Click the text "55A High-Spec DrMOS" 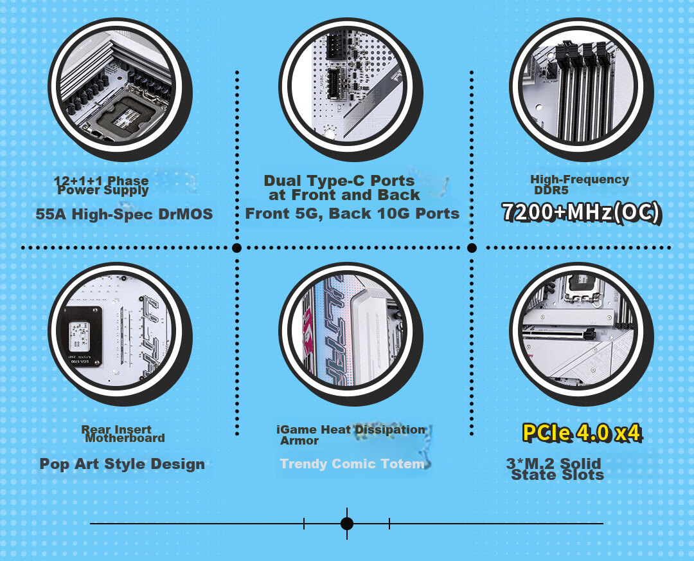pos(124,214)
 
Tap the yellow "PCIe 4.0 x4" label pos(582,432)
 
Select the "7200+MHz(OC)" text pos(581,212)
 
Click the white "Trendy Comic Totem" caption pos(352,463)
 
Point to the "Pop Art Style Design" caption pos(122,464)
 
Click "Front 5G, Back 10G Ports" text pos(352,214)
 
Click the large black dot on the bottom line pos(347,523)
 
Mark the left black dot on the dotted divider pos(236,248)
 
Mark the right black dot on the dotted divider pos(472,248)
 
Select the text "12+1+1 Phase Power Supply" pos(102,186)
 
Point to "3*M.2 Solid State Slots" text pos(555,469)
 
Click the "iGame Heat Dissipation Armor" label pos(351,435)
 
